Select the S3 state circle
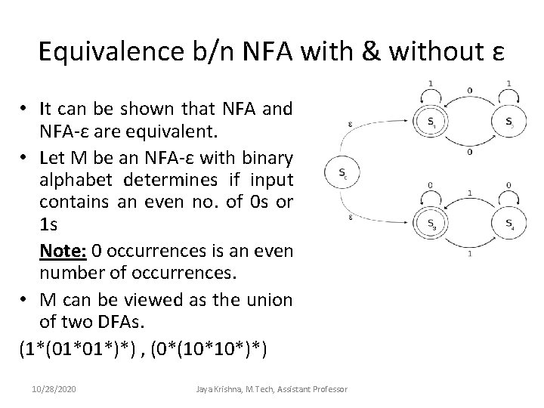pyautogui.click(x=431, y=223)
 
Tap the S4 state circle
pyautogui.click(x=508, y=223)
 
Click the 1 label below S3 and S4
pyautogui.click(x=470, y=254)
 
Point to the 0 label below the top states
pyautogui.click(x=470, y=151)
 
